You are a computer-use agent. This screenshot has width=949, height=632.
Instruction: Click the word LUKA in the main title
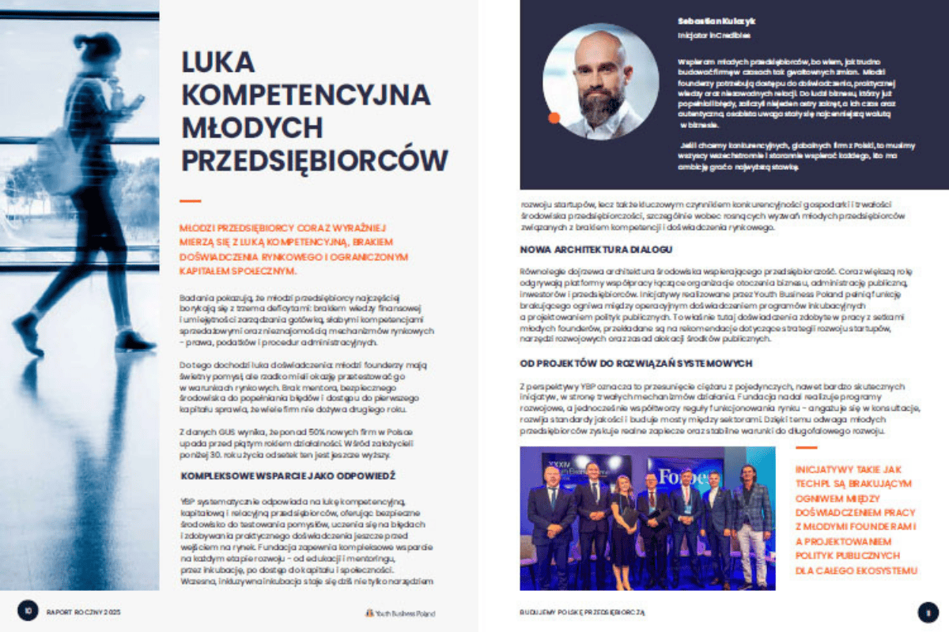pos(217,63)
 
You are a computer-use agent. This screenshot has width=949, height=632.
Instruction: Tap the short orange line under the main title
pos(191,201)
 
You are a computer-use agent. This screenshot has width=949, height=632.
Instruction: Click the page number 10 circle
pos(28,610)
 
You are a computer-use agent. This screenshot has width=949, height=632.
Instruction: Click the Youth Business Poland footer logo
pos(399,612)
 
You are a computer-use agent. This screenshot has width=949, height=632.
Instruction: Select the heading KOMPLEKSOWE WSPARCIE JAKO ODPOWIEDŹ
pos(288,476)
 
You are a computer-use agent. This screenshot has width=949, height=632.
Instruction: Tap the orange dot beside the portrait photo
pos(554,118)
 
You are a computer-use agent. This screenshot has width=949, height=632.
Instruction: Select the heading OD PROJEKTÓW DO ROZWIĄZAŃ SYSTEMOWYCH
pos(636,363)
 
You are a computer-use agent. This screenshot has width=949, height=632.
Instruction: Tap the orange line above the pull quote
pos(807,448)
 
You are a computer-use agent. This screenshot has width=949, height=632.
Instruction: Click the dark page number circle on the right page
pos(927,611)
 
